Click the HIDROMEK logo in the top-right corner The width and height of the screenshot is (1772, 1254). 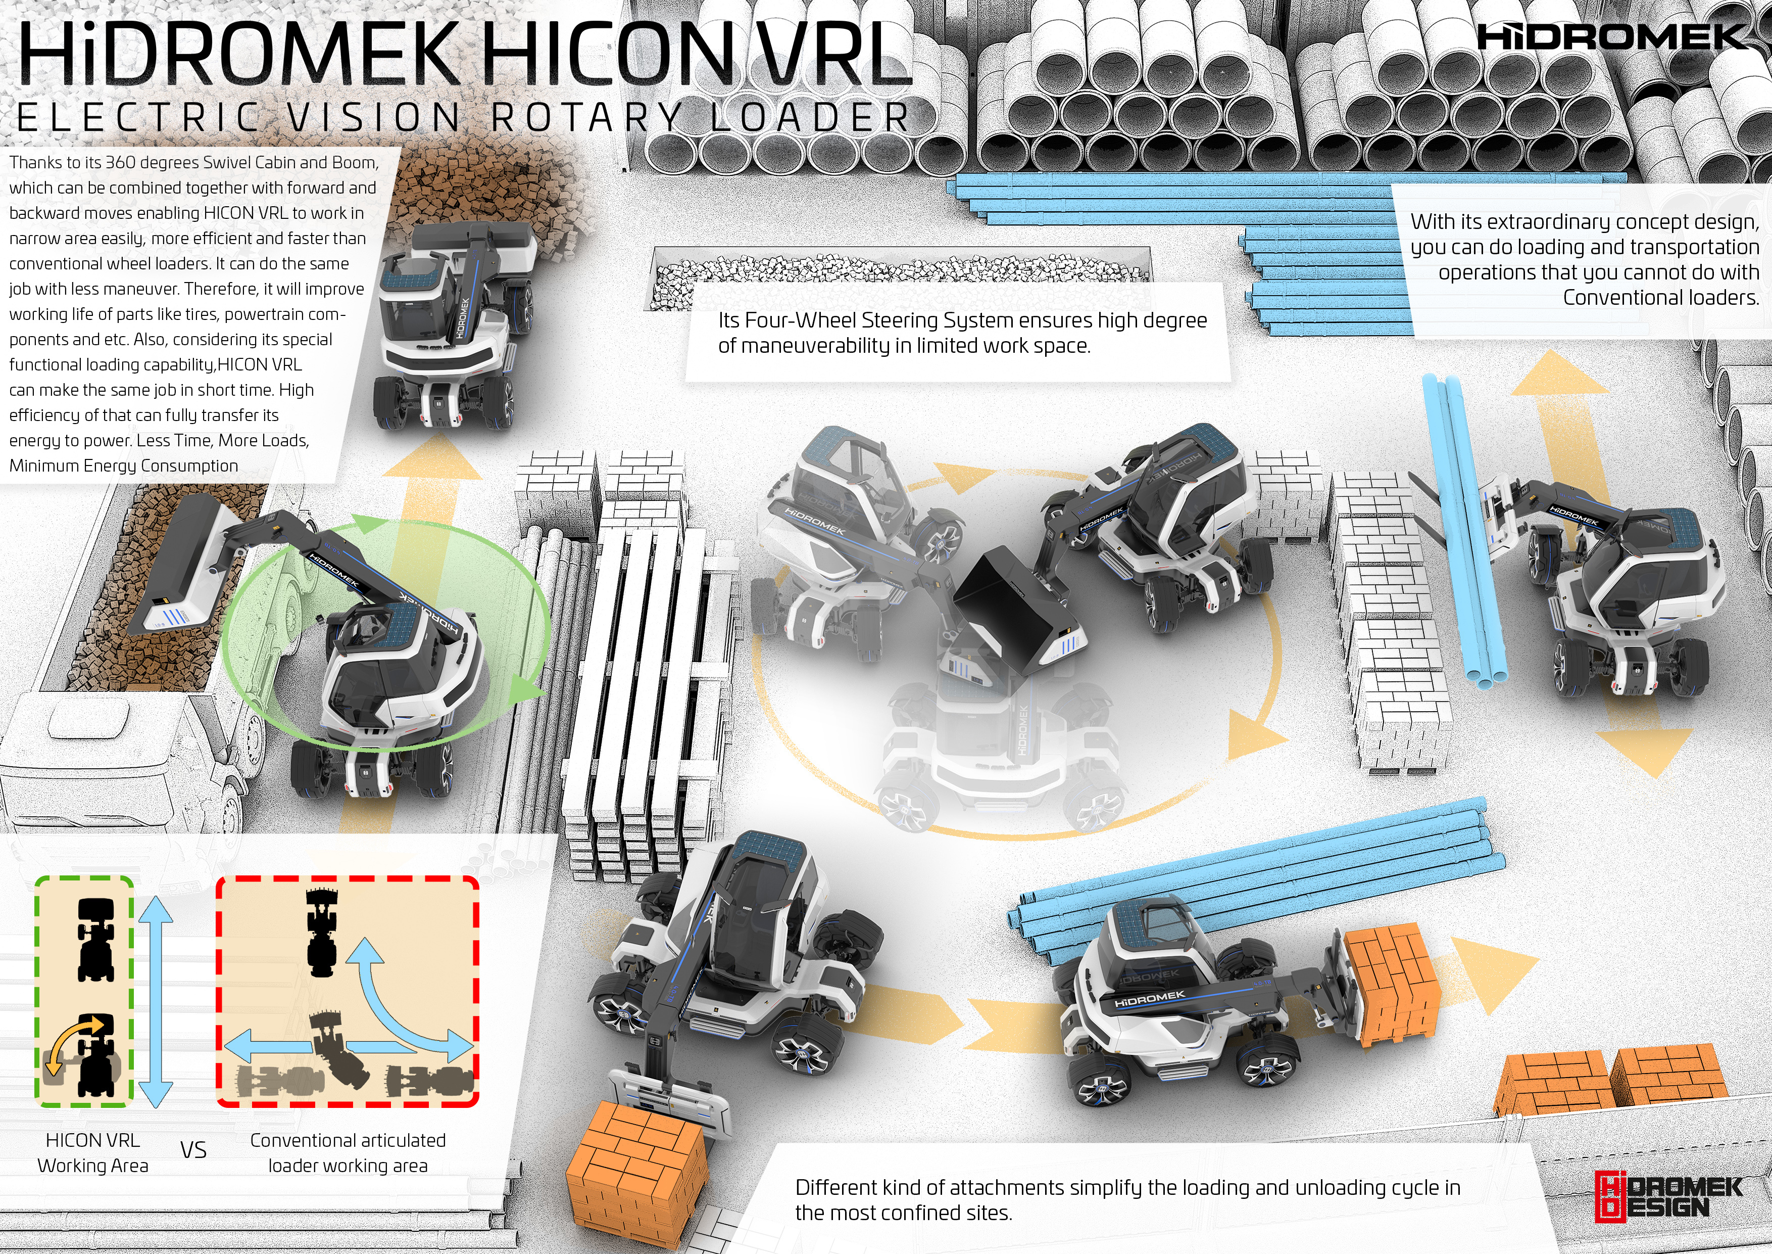pyautogui.click(x=1613, y=36)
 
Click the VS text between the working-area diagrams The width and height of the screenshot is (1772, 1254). pyautogui.click(x=193, y=1150)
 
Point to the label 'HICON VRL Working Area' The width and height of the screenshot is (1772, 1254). pyautogui.click(x=92, y=1153)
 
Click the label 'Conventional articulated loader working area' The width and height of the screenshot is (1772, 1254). pyautogui.click(x=348, y=1153)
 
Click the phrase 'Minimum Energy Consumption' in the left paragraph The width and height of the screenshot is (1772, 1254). pyautogui.click(x=123, y=466)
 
